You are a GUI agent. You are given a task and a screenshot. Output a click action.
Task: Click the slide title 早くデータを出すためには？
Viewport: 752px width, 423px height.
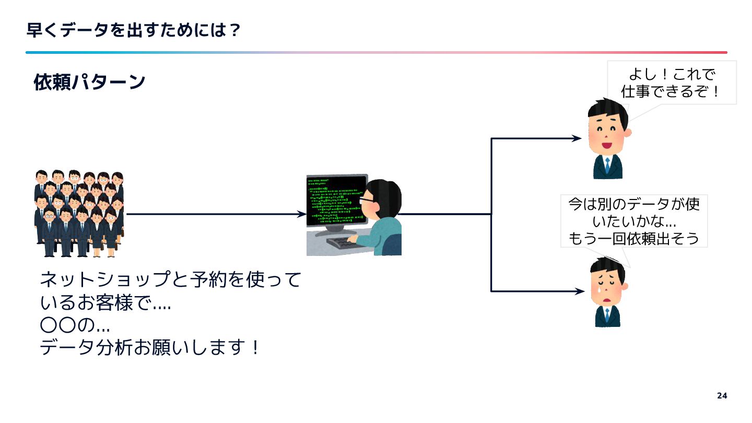[134, 30]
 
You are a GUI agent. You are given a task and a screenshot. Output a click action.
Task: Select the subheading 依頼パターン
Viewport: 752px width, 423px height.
[89, 82]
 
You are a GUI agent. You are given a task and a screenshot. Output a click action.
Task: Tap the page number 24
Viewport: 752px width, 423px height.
[722, 395]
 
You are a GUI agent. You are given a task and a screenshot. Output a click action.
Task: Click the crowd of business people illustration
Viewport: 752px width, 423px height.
[79, 214]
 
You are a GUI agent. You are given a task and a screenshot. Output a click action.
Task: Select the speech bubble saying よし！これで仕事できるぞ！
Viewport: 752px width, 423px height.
[672, 83]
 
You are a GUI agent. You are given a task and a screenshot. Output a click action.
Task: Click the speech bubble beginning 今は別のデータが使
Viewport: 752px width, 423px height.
[633, 221]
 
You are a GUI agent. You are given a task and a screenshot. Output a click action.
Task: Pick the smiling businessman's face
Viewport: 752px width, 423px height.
[607, 131]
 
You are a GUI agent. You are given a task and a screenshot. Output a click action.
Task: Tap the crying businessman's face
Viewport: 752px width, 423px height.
[607, 287]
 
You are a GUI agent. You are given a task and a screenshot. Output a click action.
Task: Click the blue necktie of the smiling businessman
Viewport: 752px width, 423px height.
[607, 166]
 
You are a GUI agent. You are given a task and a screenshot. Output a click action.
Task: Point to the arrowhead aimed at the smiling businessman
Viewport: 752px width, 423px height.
[577, 138]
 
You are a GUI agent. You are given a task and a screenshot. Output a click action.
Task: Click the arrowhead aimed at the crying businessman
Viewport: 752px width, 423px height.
[579, 291]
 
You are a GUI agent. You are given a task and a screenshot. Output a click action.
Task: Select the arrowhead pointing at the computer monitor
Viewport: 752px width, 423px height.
[301, 214]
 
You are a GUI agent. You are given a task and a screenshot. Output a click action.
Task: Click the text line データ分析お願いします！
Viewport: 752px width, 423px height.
[149, 347]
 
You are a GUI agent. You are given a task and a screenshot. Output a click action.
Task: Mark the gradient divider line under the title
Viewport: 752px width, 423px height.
[376, 52]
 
